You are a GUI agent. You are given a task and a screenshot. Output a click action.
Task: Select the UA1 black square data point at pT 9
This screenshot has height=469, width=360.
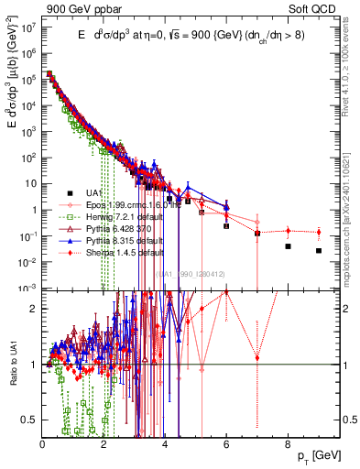[x=319, y=250]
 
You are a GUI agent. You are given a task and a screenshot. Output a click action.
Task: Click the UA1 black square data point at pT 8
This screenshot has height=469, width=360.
[x=288, y=246]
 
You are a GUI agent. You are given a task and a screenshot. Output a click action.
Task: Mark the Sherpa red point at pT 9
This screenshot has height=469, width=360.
[x=319, y=232]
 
